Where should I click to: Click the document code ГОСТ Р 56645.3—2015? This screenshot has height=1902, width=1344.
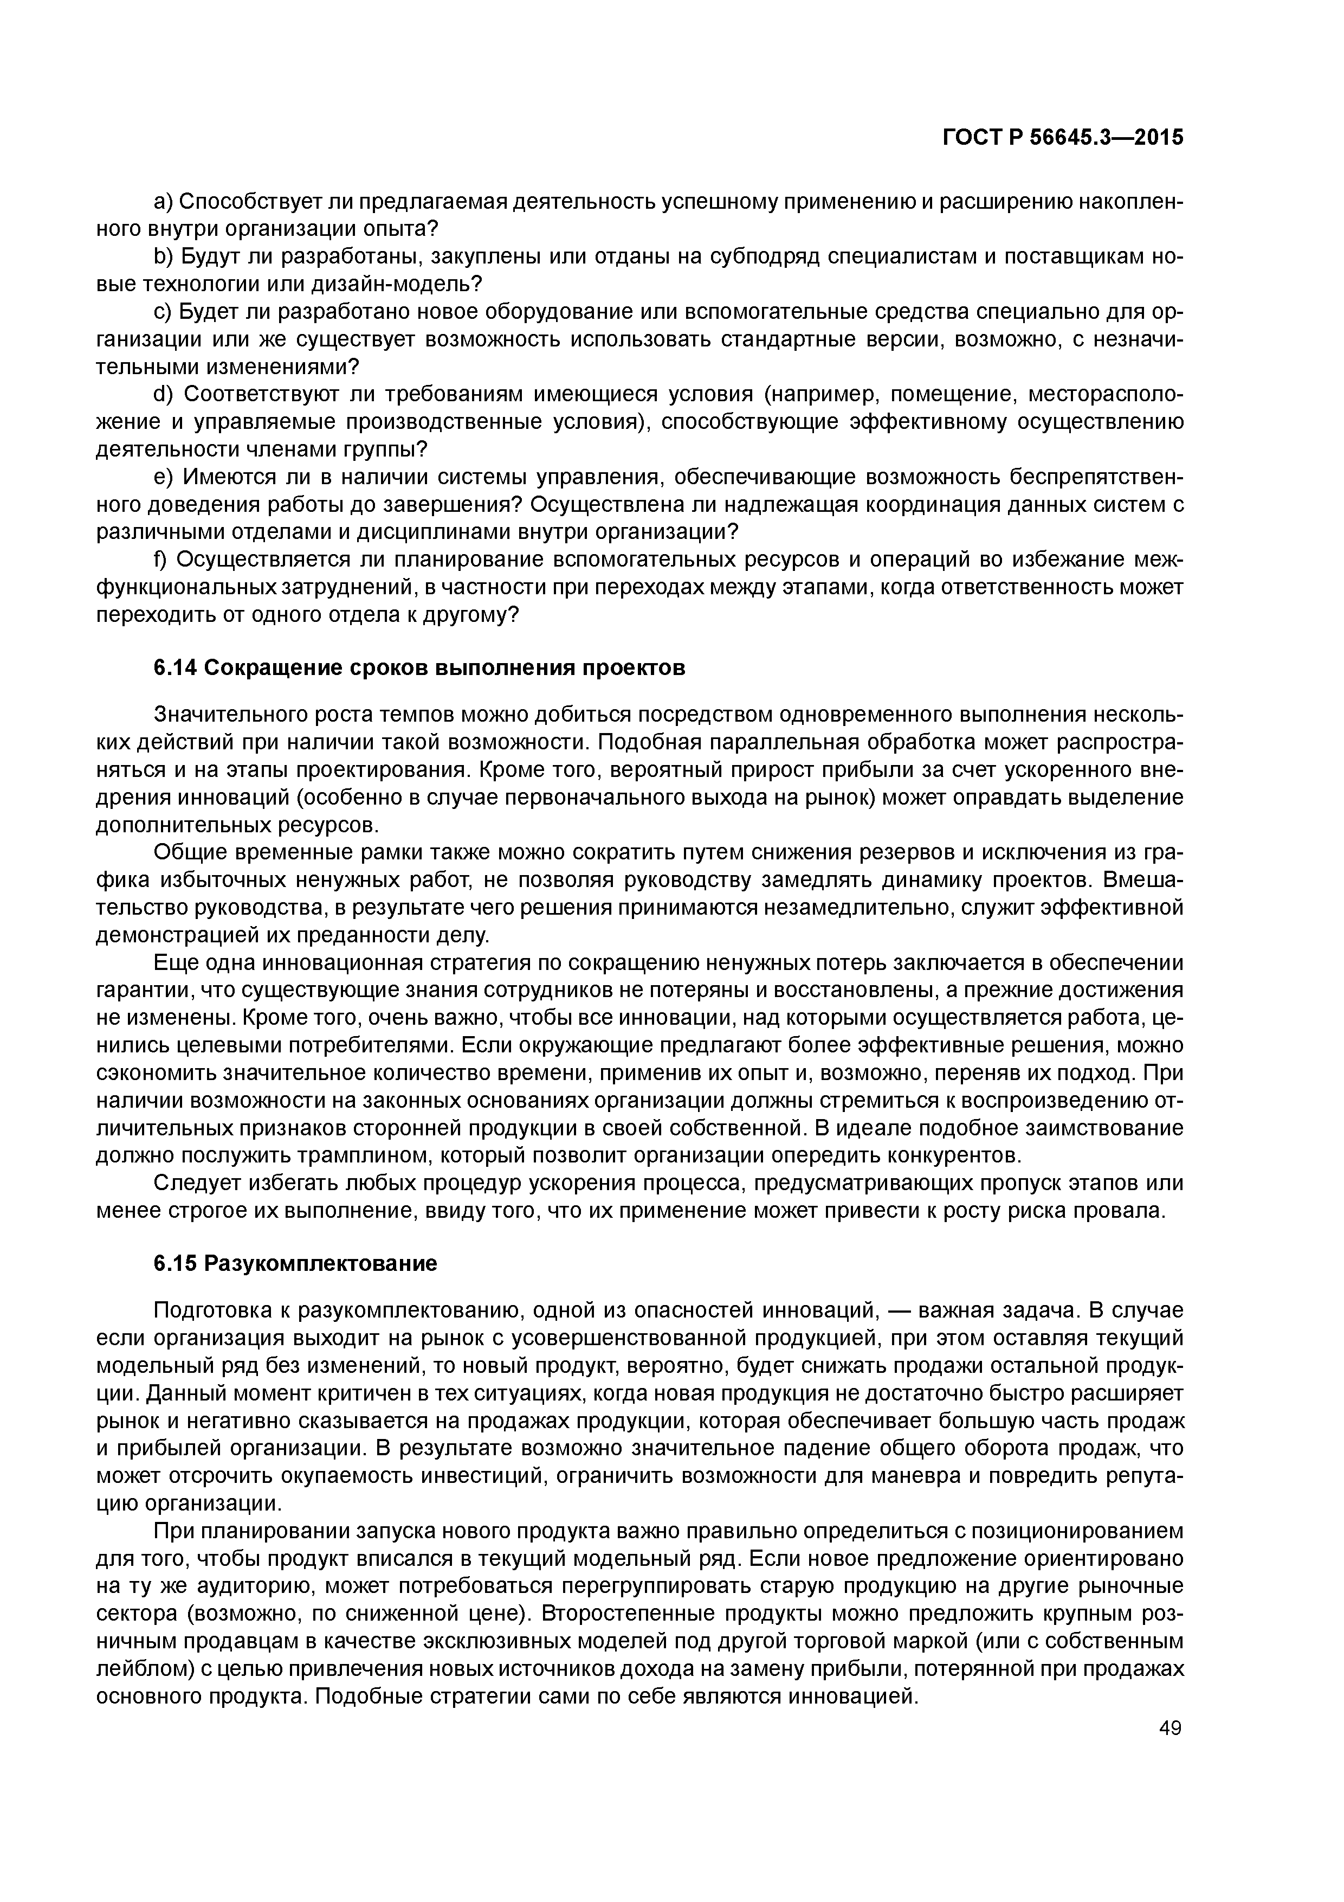(x=1062, y=138)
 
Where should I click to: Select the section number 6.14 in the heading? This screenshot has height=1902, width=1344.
(x=175, y=667)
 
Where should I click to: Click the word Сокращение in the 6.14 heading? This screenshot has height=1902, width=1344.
(x=263, y=667)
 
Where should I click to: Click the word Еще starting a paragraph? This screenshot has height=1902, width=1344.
(x=173, y=962)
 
